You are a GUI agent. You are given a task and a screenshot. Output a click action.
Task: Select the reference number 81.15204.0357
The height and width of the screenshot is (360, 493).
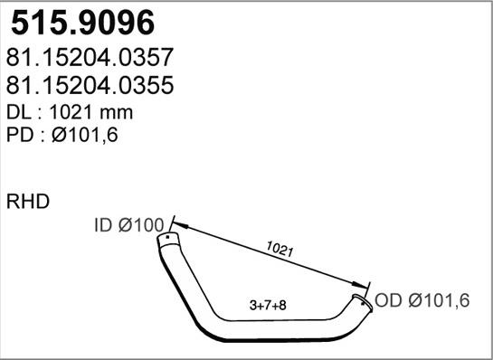pyautogui.click(x=90, y=59)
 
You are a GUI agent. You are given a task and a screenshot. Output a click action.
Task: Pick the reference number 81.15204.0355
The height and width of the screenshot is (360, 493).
pyautogui.click(x=90, y=86)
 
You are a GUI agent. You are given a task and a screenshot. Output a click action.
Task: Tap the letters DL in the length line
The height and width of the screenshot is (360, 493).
pyautogui.click(x=21, y=112)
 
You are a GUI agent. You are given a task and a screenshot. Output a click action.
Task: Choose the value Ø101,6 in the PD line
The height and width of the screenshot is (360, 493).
pyautogui.click(x=89, y=136)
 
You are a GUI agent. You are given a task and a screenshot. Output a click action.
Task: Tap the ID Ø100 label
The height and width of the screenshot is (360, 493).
pyautogui.click(x=129, y=223)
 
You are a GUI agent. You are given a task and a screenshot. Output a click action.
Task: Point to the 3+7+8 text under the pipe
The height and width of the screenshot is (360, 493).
pyautogui.click(x=268, y=305)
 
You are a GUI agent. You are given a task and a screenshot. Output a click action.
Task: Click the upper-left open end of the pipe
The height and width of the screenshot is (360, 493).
pyautogui.click(x=166, y=240)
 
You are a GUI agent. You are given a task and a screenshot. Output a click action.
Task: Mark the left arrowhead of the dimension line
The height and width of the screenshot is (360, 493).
pyautogui.click(x=174, y=221)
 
